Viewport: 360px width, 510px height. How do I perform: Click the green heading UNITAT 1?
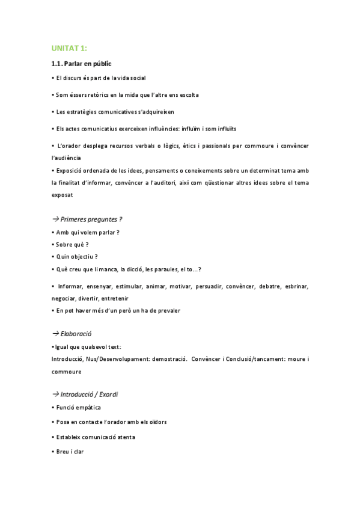pyautogui.click(x=70, y=49)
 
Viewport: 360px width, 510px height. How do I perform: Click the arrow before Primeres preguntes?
pyautogui.click(x=55, y=220)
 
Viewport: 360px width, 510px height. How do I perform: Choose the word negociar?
pyautogui.click(x=66, y=298)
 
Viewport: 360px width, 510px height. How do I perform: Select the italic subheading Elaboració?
pyautogui.click(x=76, y=333)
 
